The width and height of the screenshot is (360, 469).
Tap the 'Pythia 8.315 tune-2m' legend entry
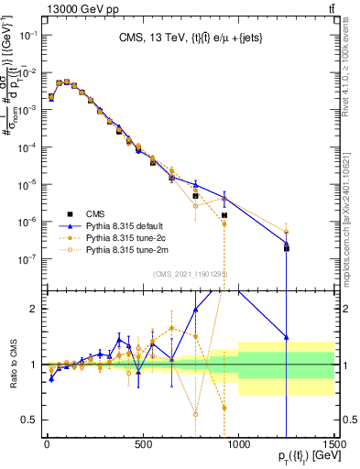pyautogui.click(x=129, y=248)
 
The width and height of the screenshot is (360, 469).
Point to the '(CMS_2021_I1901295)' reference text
pyautogui.click(x=190, y=274)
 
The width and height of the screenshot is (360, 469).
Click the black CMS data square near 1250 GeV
pyautogui.click(x=287, y=248)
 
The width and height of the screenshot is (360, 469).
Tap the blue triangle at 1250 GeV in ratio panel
pyautogui.click(x=287, y=337)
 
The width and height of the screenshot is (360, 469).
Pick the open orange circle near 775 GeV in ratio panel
pyautogui.click(x=195, y=414)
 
